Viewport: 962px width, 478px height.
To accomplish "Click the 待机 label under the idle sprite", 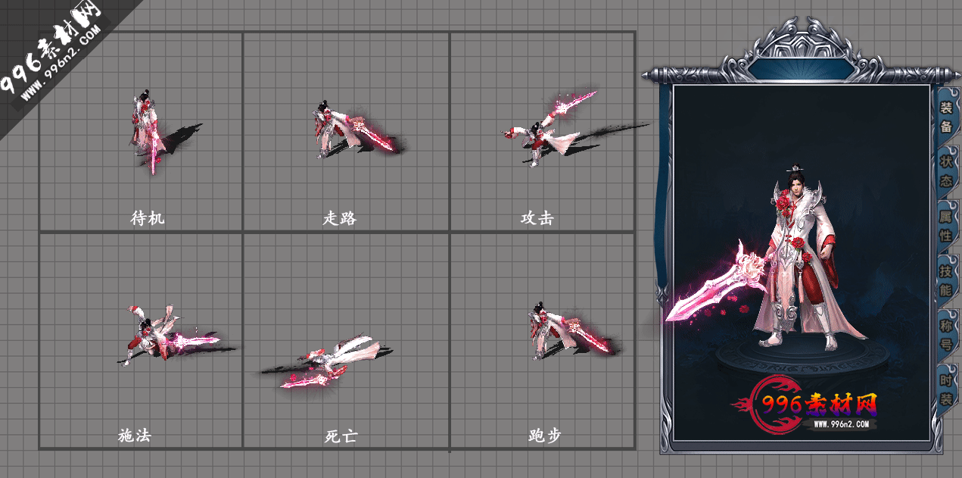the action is pos(148,219).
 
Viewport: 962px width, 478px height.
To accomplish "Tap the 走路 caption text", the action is pos(340,219).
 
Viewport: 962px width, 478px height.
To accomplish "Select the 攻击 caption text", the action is pos(537,219).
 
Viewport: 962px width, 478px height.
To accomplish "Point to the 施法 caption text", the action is pos(135,436).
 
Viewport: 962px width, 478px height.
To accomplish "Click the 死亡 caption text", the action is pos(340,436).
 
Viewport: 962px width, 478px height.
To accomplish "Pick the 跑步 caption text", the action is pos(545,436).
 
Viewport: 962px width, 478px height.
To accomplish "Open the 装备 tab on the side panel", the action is pos(946,117).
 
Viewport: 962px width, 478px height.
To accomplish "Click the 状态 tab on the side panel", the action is pos(946,171).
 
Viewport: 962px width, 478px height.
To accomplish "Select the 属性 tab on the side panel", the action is pos(946,226).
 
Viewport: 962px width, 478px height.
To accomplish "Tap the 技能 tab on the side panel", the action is pos(946,280).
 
